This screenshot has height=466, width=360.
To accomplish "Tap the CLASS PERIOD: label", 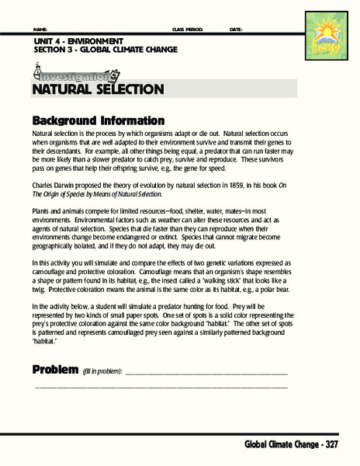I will tap(187, 30).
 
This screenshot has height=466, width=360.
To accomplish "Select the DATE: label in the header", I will tap(237, 30).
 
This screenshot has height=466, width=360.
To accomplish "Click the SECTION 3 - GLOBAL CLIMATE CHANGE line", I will tap(106, 49).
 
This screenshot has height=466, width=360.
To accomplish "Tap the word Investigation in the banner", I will tap(74, 76).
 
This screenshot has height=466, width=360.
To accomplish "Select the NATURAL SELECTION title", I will tap(98, 89).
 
